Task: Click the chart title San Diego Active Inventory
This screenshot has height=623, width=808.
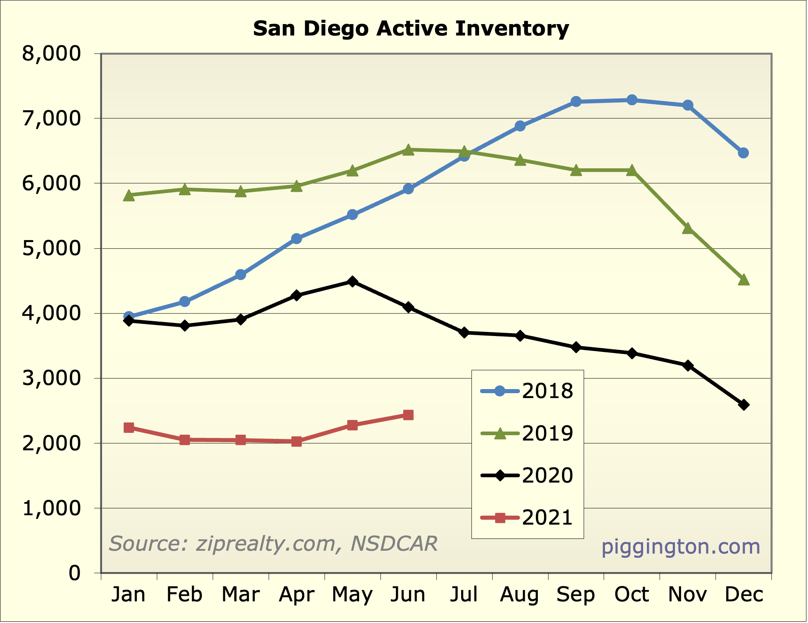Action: (x=411, y=29)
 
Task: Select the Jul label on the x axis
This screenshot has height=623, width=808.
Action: (x=464, y=594)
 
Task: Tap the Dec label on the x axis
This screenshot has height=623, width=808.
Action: (x=744, y=594)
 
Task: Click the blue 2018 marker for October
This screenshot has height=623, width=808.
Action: (x=632, y=100)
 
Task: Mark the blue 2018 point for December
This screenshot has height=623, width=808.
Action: (x=744, y=153)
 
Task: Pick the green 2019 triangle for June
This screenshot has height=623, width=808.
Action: (x=408, y=150)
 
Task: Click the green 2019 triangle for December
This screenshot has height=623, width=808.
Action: (x=744, y=280)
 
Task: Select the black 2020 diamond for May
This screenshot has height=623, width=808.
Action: (x=353, y=282)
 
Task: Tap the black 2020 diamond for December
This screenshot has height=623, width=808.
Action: (x=744, y=405)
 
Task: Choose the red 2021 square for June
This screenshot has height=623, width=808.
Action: (x=408, y=415)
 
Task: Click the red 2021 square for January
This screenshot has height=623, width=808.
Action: (x=129, y=427)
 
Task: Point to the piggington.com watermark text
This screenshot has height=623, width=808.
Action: (x=681, y=547)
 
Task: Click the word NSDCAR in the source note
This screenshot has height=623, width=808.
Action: (x=394, y=544)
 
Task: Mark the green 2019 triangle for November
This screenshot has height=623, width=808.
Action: (x=688, y=228)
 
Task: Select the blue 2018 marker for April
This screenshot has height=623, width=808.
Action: (x=297, y=239)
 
